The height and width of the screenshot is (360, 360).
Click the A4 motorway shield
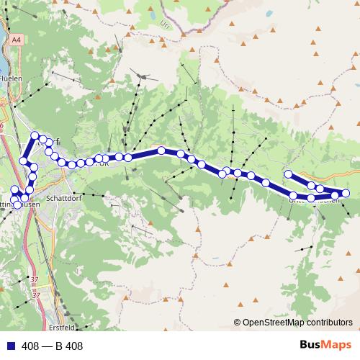click(16, 42)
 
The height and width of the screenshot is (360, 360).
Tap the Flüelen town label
click(12, 78)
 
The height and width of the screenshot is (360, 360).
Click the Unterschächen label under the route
click(314, 200)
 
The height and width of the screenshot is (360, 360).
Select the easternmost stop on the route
click(345, 193)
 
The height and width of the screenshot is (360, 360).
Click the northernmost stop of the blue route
click(35, 135)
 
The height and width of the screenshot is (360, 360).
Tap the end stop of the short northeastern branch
click(289, 174)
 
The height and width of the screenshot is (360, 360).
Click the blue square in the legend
click(7, 346)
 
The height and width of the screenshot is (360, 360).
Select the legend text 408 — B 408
click(53, 346)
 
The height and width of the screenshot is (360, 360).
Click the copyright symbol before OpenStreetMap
click(237, 323)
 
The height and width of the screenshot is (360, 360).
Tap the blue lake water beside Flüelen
click(4, 58)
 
